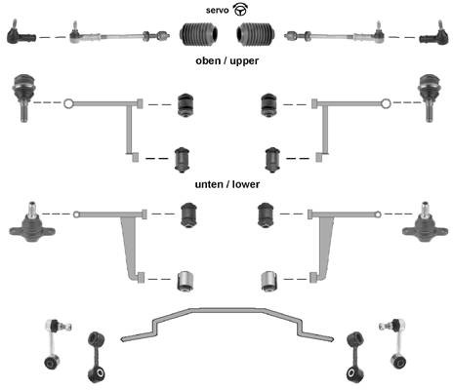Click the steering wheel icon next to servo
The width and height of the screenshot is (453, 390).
240,10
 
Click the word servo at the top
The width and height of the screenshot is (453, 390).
217,11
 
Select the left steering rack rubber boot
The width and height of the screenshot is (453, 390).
199,34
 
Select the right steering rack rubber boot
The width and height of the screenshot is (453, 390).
256,34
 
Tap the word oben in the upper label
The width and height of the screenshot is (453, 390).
208,60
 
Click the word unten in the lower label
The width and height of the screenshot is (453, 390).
208,184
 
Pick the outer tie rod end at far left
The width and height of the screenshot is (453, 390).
21,34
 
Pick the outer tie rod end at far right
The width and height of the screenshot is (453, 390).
434,34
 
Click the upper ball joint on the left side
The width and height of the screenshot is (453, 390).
23,97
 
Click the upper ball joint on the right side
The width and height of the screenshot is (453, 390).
430,97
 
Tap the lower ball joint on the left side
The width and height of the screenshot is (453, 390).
32,223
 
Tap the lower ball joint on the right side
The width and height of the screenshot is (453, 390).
425,223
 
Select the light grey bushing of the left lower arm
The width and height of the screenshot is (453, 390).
186,281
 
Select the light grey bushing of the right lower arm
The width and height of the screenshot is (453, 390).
269,281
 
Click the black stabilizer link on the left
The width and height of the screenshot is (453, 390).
97,357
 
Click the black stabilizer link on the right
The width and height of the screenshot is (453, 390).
355,357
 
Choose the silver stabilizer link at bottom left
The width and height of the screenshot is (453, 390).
54,344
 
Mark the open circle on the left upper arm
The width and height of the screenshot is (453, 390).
68,103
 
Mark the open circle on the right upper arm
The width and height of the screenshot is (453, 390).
386,103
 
